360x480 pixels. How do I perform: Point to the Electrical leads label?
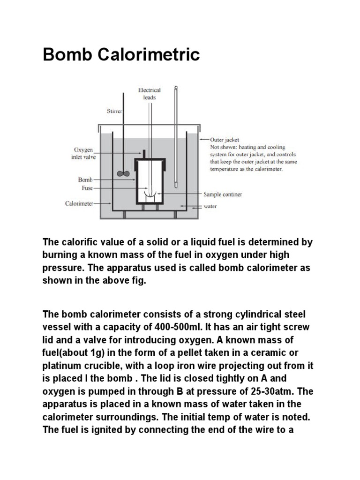[x=150, y=94]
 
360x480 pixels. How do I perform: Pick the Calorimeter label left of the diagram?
[x=79, y=203]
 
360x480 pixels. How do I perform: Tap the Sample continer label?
[x=223, y=194]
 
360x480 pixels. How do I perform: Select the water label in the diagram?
[x=210, y=206]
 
